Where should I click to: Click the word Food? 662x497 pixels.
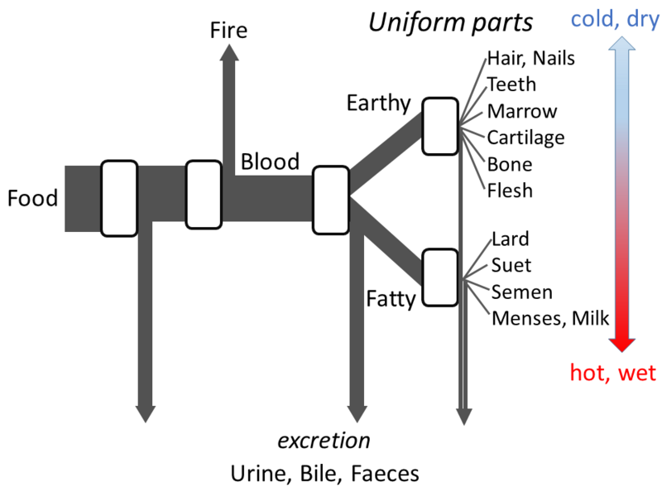click(32, 199)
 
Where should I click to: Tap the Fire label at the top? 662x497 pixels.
click(228, 31)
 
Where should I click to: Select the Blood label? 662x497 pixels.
click(270, 162)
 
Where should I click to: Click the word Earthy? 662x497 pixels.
click(378, 104)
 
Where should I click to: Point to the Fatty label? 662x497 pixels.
click(390, 298)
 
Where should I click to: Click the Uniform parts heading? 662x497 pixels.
click(451, 22)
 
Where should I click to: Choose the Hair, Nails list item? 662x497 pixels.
click(530, 58)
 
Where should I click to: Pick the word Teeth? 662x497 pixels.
click(511, 84)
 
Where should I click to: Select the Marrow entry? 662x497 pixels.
click(522, 111)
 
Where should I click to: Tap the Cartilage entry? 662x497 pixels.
click(525, 138)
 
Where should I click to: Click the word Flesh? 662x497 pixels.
click(510, 191)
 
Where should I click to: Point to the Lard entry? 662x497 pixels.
click(510, 239)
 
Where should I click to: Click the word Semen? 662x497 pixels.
click(521, 292)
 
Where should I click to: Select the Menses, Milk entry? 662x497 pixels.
click(550, 318)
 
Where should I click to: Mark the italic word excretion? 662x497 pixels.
click(323, 441)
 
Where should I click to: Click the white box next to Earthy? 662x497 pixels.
click(440, 126)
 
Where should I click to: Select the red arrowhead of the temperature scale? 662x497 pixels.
click(622, 341)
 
